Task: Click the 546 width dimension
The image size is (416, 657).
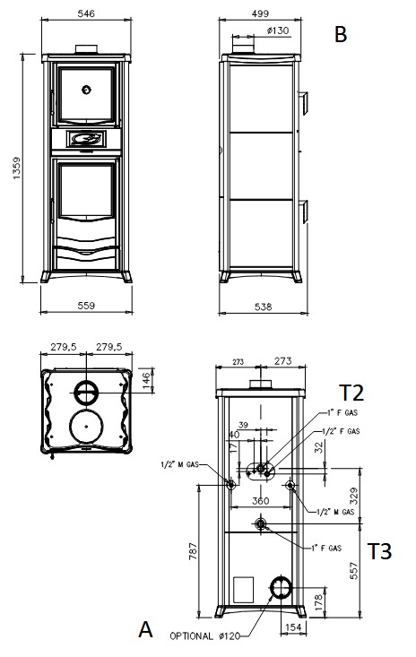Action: click(86, 13)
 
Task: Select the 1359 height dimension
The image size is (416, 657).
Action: click(16, 168)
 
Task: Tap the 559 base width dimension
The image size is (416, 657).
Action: click(86, 306)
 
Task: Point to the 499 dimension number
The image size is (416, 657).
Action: click(260, 13)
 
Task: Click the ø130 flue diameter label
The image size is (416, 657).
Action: click(277, 30)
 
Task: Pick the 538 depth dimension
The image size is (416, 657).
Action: click(263, 307)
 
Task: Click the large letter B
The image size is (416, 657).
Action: click(341, 34)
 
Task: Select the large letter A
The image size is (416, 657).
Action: click(145, 629)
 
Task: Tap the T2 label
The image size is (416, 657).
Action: click(351, 393)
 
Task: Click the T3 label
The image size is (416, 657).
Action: click(379, 551)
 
